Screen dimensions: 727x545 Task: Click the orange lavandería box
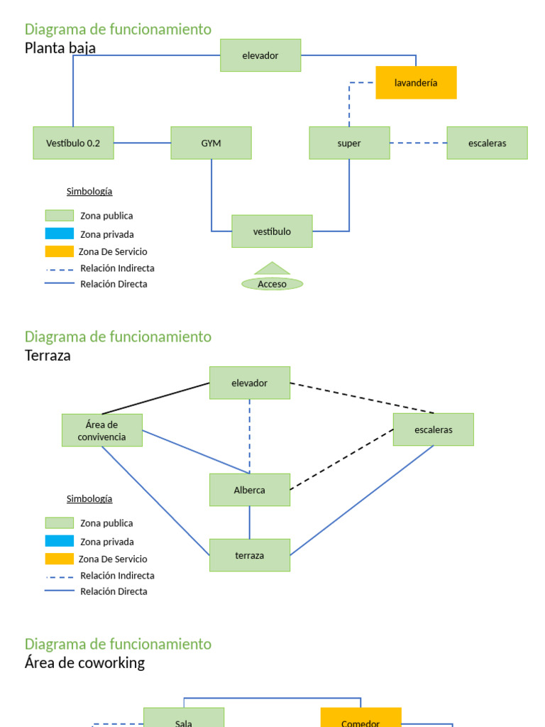tap(416, 82)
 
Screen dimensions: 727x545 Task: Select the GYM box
tap(211, 143)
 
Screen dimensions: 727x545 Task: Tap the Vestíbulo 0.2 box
tap(73, 143)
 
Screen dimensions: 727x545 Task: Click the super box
tap(349, 143)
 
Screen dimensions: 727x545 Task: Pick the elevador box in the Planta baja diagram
tap(260, 55)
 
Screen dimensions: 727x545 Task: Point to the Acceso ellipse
tap(272, 284)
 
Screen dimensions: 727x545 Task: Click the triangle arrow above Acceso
tap(272, 268)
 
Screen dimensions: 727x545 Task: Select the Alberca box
tap(249, 490)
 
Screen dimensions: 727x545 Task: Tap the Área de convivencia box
tap(101, 430)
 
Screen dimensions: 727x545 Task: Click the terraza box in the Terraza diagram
tap(249, 555)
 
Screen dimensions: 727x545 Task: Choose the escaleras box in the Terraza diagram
tap(433, 430)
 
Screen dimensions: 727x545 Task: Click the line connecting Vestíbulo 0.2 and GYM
tap(142, 143)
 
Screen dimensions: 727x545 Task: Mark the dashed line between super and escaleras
tap(418, 143)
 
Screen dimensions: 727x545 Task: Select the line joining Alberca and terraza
tap(249, 523)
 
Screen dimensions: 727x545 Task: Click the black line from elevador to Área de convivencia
tap(156, 398)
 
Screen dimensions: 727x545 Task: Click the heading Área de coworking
tap(84, 662)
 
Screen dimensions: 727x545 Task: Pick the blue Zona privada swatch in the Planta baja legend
tap(60, 234)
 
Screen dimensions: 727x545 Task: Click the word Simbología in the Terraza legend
tap(89, 498)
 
